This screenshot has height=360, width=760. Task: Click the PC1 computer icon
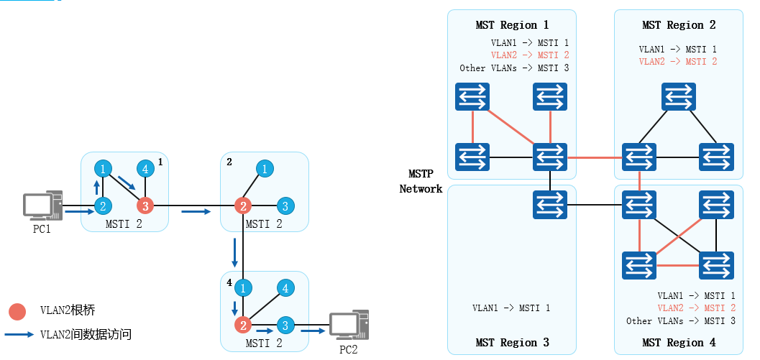pos(42,206)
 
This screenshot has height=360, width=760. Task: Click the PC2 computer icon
pos(348,327)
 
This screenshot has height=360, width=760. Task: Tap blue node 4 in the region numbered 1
pos(146,170)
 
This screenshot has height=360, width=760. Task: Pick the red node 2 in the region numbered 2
pos(244,207)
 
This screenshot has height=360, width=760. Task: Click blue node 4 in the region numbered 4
pos(285,288)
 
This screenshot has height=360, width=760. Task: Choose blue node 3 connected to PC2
pos(285,325)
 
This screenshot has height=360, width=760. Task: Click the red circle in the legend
pos(17,311)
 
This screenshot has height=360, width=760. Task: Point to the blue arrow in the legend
pos(19,334)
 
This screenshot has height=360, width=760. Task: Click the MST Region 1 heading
pos(511,25)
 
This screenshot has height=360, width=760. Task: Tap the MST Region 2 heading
pos(678,25)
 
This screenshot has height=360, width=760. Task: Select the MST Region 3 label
pos(511,342)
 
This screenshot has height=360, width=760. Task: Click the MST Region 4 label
pos(678,342)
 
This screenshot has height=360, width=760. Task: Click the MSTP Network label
pos(421,182)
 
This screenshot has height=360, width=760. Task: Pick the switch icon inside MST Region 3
pos(550,206)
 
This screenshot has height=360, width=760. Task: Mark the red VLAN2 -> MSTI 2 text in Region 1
pos(530,55)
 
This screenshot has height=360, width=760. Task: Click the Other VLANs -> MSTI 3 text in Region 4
pos(680,321)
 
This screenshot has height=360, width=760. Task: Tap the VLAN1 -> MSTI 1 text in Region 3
pos(511,308)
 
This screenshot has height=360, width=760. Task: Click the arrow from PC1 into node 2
pos(79,212)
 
